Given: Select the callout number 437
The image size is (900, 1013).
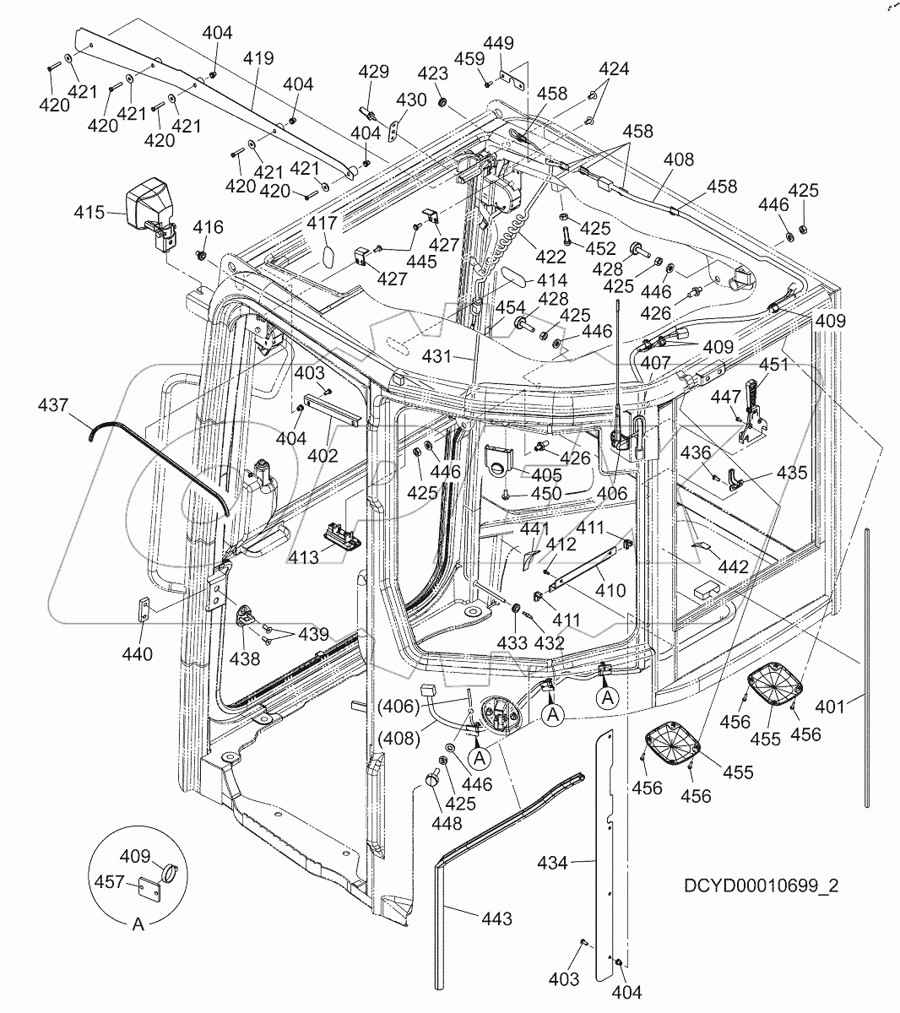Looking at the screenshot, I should (53, 407).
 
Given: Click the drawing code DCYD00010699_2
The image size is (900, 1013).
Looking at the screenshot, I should (761, 886).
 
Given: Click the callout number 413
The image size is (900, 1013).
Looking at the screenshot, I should (303, 557).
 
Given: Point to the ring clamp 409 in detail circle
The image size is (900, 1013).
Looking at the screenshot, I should (169, 869).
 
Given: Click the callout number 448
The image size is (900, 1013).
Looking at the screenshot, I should (447, 823).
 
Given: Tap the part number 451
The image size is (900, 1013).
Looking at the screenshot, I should (773, 366).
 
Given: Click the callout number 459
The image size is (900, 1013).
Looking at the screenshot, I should (469, 58).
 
